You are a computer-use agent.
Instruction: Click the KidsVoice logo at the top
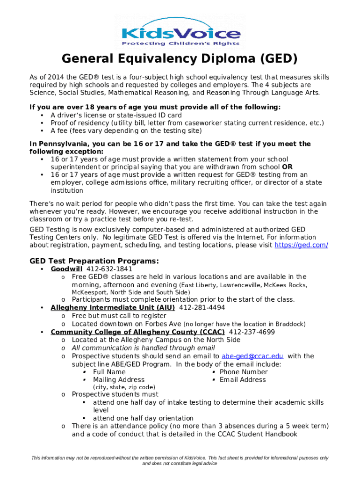pos(180,31)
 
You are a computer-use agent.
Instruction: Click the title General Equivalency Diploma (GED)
pos(180,59)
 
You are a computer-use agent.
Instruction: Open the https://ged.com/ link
pos(301,245)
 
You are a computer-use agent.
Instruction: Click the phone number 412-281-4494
pos(202,307)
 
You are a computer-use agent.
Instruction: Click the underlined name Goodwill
pos(66,269)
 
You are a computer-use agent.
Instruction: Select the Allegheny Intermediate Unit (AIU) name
pos(113,307)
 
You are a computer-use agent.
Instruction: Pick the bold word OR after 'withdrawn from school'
pos(288,167)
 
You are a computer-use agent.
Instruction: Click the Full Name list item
pos(109,372)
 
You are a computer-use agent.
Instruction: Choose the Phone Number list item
pos(244,372)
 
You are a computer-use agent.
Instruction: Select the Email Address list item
pos(243,380)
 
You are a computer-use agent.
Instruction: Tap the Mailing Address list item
pos(119,380)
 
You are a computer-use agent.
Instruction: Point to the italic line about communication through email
pos(143,348)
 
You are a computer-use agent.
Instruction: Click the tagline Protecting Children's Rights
pos(180,44)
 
